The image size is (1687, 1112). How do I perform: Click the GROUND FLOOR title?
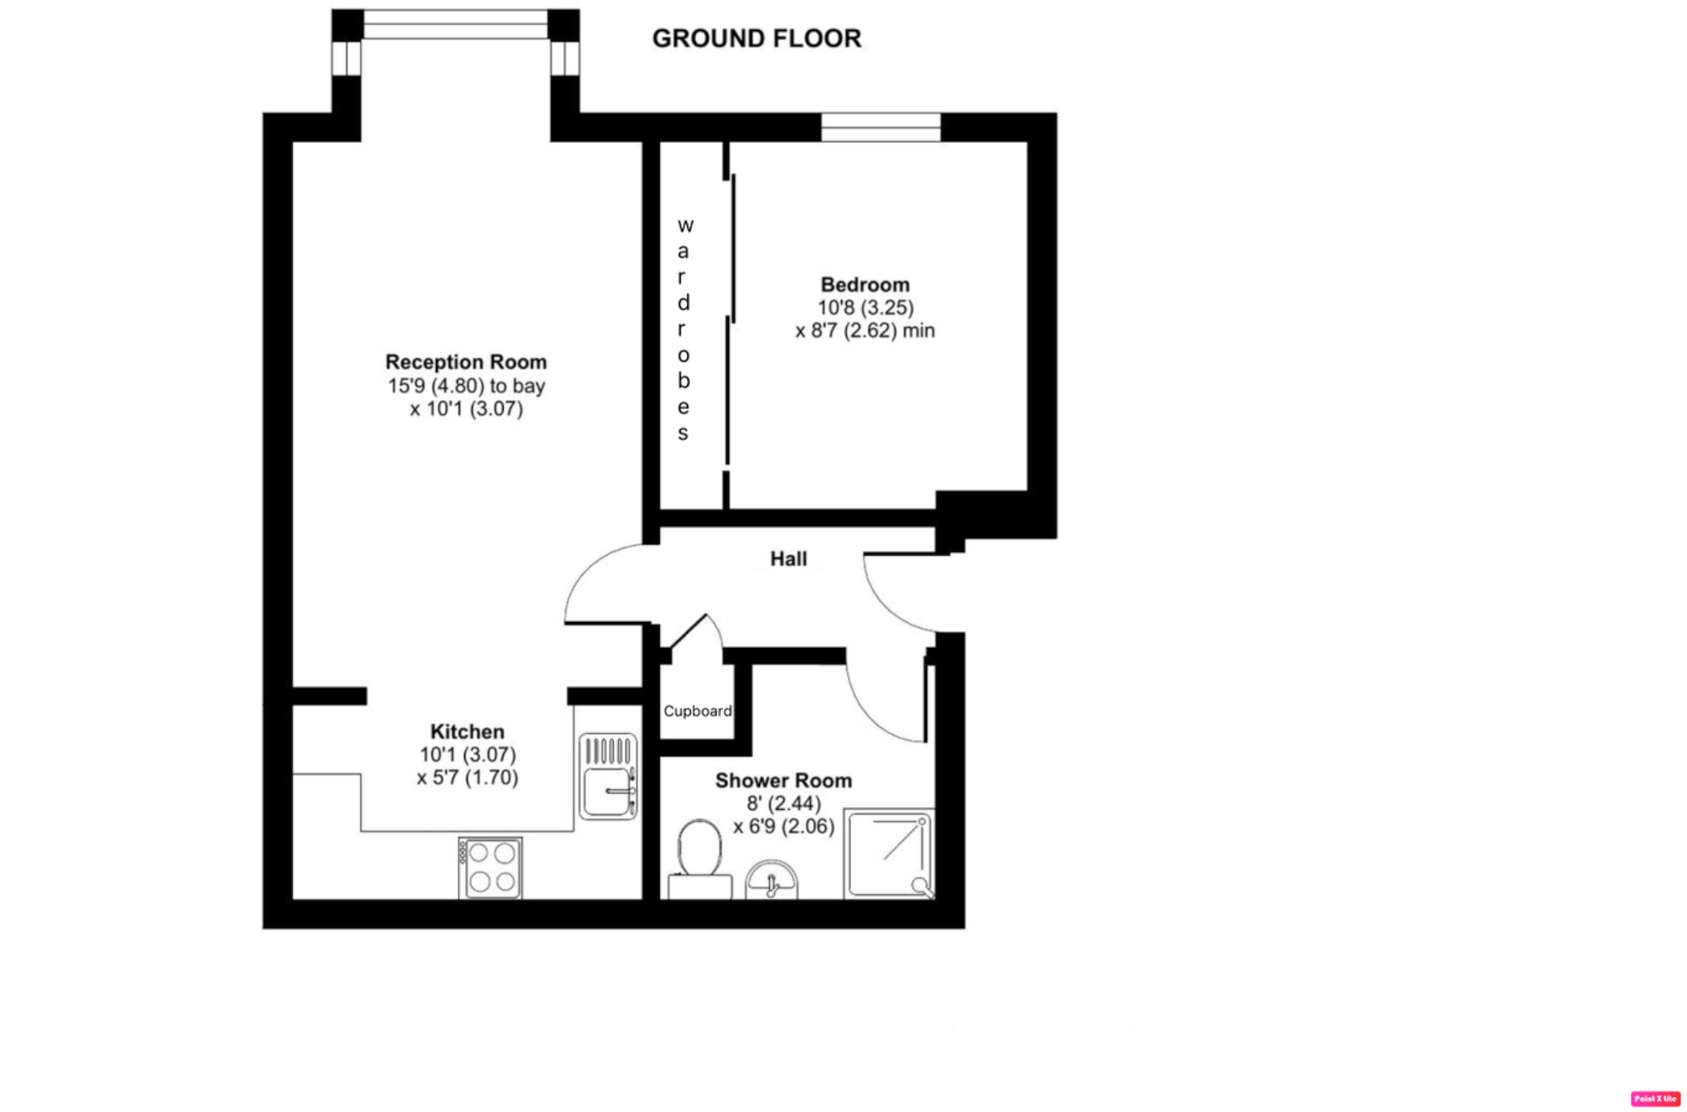point(756,38)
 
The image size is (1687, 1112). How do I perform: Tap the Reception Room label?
point(466,362)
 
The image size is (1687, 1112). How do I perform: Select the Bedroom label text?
point(864,285)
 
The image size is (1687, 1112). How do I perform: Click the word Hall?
point(788,559)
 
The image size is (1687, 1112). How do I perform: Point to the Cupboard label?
point(697,711)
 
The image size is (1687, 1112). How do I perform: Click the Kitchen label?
point(467,732)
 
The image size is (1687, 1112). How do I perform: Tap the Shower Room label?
point(783,781)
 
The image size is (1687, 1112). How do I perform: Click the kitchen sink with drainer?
point(608,776)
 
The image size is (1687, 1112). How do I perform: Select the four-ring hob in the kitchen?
point(491,868)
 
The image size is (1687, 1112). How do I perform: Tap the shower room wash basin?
point(771,881)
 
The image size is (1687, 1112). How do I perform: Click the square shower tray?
point(889,853)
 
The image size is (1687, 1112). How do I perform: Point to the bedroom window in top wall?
point(880,128)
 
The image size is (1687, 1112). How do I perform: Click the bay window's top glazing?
point(455,24)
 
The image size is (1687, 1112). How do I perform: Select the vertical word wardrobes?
point(684,329)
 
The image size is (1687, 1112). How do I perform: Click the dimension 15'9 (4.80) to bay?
point(466,386)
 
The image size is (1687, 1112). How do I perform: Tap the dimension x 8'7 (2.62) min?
point(864,331)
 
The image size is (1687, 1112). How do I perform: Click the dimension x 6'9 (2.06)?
point(783,826)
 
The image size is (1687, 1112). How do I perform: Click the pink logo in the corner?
point(1654,1099)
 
